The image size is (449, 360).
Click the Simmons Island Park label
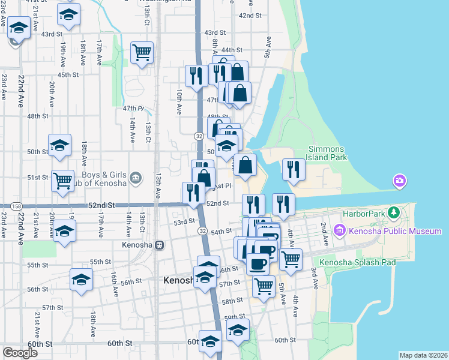[327, 153]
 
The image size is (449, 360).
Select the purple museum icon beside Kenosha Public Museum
[340, 230]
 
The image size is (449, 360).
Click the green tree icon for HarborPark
[394, 213]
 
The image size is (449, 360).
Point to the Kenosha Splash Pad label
[354, 262]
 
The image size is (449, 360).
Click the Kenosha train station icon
[160, 245]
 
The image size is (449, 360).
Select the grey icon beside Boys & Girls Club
[136, 177]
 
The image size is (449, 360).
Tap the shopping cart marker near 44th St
[142, 52]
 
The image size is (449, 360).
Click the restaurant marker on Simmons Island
[293, 169]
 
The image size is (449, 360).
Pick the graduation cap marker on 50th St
[60, 145]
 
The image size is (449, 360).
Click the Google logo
[20, 353]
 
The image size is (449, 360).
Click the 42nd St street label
[251, 15]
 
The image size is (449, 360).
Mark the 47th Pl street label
[134, 109]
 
